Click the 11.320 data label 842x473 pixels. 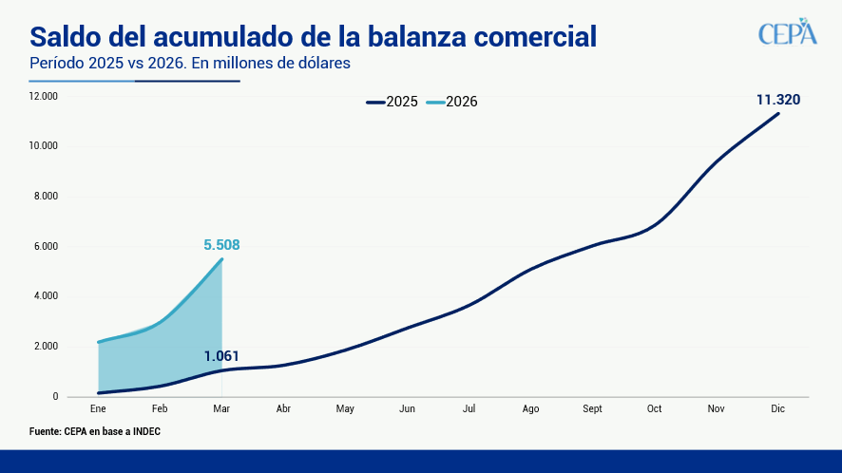tap(777, 100)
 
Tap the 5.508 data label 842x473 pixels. tap(221, 245)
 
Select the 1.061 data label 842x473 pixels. tap(221, 357)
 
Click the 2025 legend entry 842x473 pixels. tap(392, 102)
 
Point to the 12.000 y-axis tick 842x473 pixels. tap(44, 96)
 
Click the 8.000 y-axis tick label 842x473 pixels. tap(44, 197)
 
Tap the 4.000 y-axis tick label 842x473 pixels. tap(44, 296)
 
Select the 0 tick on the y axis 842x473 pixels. tap(55, 397)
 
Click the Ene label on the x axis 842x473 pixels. tap(98, 409)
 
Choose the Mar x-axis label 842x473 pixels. tap(221, 409)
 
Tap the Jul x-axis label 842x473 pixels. tap(469, 409)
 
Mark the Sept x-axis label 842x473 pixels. tap(592, 409)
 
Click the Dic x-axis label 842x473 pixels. tap(777, 409)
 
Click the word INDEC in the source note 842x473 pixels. tap(143, 431)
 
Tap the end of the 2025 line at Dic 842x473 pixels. tap(778, 114)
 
